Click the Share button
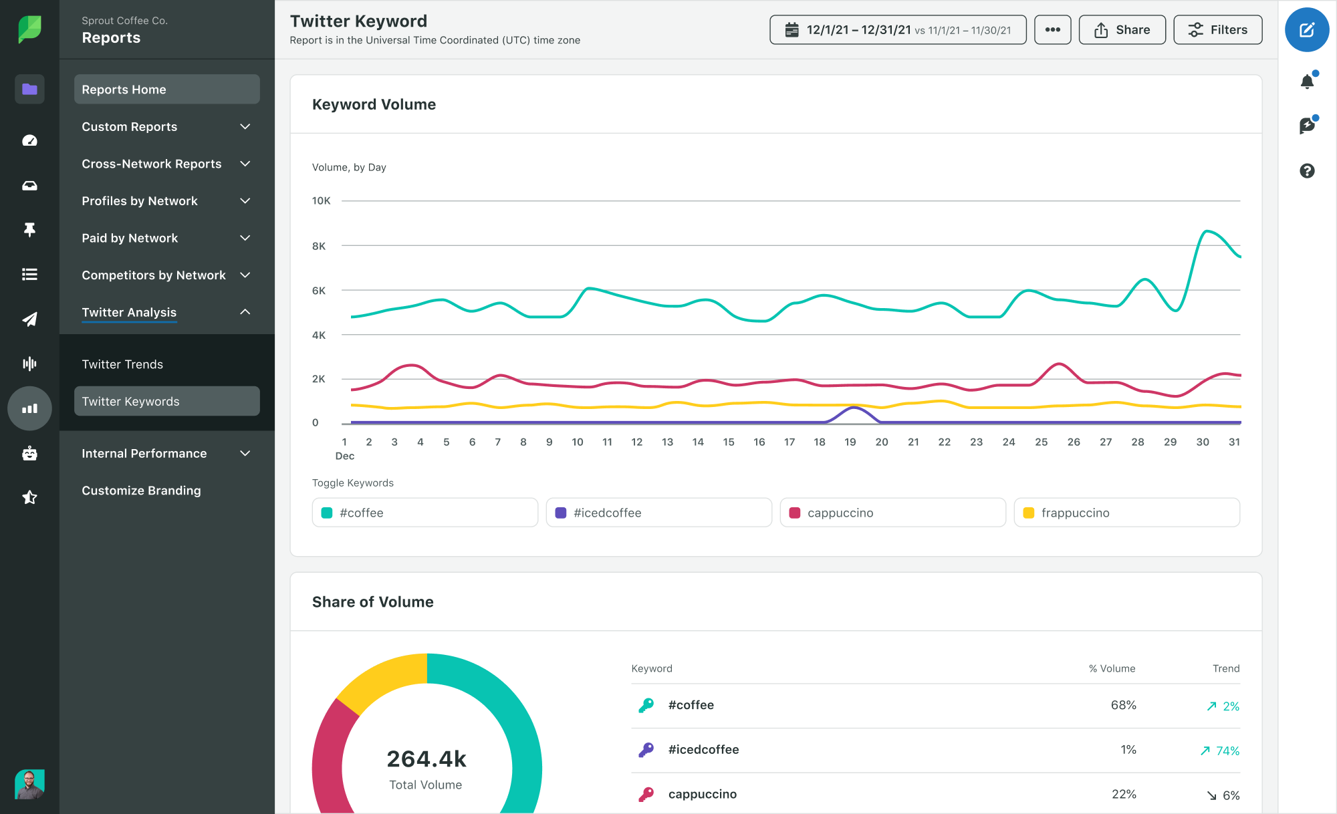[x=1122, y=30]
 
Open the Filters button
[x=1217, y=30]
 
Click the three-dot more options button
[x=1052, y=30]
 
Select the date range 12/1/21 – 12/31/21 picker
[x=897, y=30]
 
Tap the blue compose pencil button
[x=1306, y=30]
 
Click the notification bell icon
[x=1307, y=82]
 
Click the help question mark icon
[x=1307, y=171]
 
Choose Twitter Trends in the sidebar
[x=122, y=364]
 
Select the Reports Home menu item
[x=166, y=90]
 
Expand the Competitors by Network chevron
[x=245, y=275]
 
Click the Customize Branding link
[x=141, y=491]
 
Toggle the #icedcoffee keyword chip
[x=658, y=513]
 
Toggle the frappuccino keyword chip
[x=1126, y=513]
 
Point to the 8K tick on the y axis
[x=319, y=246]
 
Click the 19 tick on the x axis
[x=850, y=442]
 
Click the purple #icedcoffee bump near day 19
[x=852, y=408]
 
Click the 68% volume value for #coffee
[x=1123, y=705]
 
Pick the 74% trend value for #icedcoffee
[x=1227, y=751]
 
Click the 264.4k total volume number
[x=427, y=759]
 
